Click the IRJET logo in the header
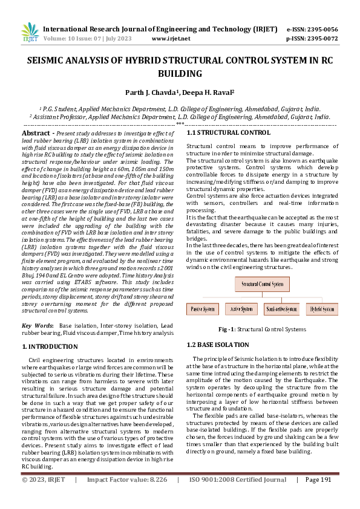[x=30, y=33]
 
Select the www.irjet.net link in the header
[x=171, y=38]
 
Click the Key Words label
[x=38, y=325]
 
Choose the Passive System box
[x=204, y=309]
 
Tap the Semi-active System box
[x=281, y=309]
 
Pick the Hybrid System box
[x=322, y=309]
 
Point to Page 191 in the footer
[x=319, y=496]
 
